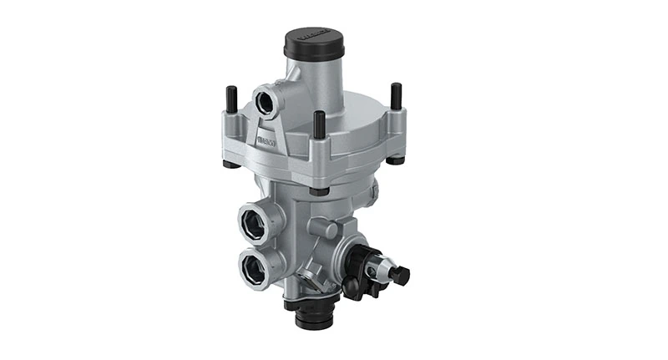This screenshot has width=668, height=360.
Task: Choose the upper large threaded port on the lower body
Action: (254, 223)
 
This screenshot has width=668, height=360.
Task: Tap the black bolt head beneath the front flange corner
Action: (316, 190)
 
